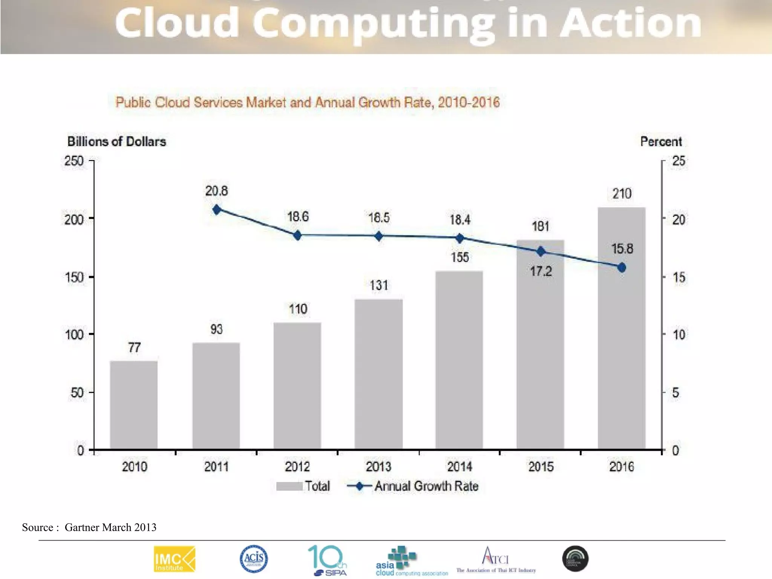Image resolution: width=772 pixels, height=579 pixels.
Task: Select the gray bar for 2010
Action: point(133,405)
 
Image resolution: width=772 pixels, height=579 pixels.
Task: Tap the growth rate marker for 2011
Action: point(217,210)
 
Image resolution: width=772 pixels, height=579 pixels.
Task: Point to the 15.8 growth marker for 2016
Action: point(622,268)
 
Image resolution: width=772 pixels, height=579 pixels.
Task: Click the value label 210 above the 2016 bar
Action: point(622,194)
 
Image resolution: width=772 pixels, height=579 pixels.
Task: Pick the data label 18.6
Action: point(298,217)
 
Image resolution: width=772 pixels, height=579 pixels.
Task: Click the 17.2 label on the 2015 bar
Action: point(541,271)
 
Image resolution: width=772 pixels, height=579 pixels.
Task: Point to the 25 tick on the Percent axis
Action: point(679,161)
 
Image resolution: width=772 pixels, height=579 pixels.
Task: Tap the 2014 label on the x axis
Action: point(460,467)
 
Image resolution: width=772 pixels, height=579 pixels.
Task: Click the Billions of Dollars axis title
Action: point(116,142)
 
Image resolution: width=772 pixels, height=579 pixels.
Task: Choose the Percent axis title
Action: point(661,142)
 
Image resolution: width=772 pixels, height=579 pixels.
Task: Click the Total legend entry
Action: point(303,486)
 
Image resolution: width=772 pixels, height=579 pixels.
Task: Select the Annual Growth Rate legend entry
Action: point(413,486)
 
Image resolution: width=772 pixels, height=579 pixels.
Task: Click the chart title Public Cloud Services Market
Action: point(307,103)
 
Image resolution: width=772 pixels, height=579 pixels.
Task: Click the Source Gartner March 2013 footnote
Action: point(89,527)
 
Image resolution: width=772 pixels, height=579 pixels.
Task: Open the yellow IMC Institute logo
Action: point(175,559)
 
